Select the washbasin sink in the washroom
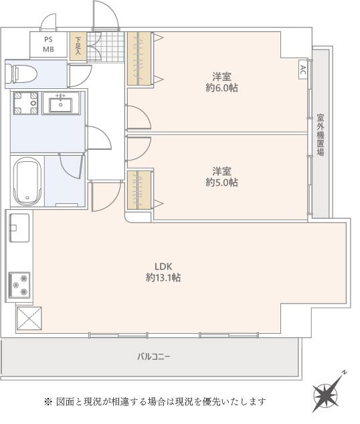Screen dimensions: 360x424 (61, 103)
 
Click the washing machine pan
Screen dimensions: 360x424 (25, 103)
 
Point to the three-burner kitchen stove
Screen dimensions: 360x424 (19, 285)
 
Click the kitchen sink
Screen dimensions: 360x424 (19, 227)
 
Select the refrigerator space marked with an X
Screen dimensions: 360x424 (29, 318)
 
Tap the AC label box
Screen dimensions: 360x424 (303, 70)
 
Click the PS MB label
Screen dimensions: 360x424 (48, 45)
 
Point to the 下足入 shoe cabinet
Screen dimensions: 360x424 (78, 46)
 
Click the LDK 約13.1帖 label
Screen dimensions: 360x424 (164, 272)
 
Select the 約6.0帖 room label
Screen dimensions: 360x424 (221, 82)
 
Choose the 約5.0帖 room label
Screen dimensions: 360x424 (221, 177)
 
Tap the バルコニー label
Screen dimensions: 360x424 (154, 356)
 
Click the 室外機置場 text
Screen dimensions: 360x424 (321, 135)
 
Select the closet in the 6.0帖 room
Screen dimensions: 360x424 (139, 59)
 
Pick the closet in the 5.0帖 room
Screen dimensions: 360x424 (139, 189)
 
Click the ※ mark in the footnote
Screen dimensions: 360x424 (48, 401)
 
